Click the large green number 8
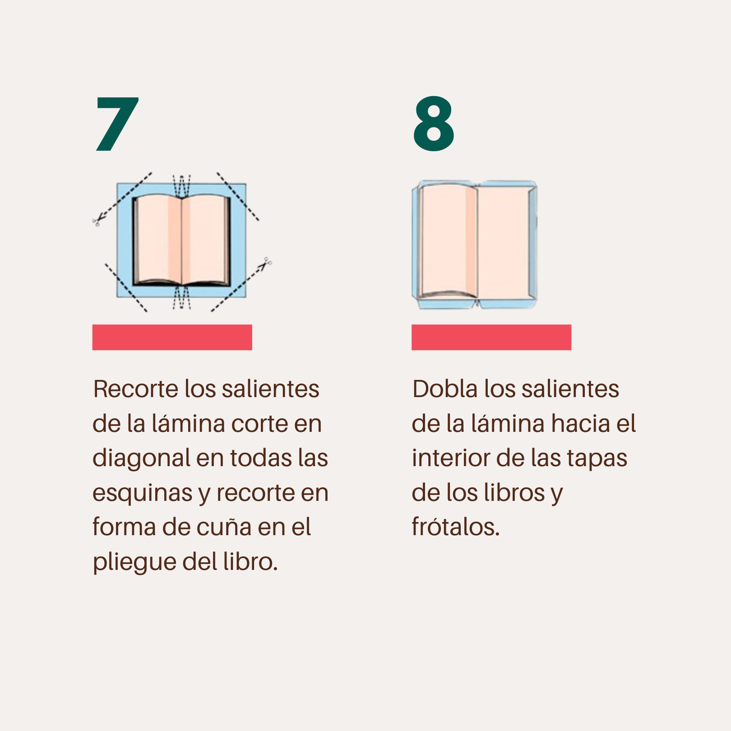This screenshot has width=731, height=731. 434,124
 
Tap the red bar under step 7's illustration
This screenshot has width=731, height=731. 172,337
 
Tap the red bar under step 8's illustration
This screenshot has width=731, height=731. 491,337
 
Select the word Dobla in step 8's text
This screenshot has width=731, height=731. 445,389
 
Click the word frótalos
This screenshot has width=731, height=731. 456,527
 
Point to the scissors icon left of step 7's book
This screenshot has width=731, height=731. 97,221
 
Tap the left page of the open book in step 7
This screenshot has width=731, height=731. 158,239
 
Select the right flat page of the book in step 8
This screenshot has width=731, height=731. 503,242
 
